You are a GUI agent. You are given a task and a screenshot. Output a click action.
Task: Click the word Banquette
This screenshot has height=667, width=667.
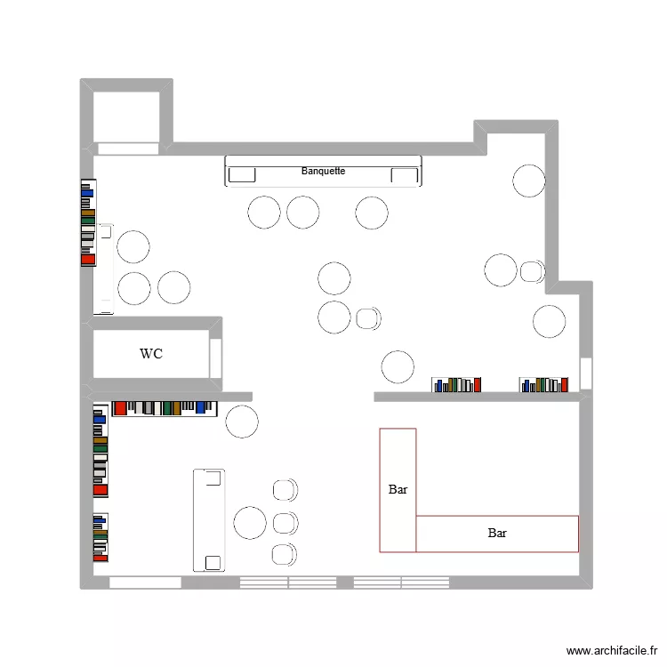point(323,171)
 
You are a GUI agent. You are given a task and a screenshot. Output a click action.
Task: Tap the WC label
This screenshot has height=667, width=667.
point(151,354)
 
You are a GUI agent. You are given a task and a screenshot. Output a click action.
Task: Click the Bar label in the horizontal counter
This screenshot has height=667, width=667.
point(497,534)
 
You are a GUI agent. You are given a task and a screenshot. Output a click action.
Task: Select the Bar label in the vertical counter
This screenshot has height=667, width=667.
point(398,489)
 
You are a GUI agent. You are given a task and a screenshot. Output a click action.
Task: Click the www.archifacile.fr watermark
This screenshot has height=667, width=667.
point(613,651)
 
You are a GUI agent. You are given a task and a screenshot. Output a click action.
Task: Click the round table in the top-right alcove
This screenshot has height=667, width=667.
point(529,180)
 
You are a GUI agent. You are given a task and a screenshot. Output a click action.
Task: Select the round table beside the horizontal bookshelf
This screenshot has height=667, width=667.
point(242,422)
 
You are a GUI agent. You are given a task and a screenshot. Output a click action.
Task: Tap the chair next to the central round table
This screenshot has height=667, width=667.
point(368,317)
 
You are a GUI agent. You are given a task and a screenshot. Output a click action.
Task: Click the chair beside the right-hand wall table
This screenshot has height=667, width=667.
point(533,270)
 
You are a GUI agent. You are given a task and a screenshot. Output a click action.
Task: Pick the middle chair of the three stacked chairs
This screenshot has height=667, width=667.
point(285,522)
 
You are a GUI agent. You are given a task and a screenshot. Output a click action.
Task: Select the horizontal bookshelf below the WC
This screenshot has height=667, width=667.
point(165,408)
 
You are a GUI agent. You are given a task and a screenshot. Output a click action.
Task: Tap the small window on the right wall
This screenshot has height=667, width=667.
point(585,373)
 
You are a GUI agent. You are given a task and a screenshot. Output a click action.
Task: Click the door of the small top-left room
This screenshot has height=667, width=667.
point(127,149)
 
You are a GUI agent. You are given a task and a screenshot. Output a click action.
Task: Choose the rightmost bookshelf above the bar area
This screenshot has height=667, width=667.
point(542,384)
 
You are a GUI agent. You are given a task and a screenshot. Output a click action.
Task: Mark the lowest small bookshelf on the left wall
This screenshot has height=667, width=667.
point(100,537)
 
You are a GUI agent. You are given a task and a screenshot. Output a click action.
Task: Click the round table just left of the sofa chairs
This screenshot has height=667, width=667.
point(250,522)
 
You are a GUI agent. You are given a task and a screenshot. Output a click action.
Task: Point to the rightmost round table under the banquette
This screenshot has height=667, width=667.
point(372,213)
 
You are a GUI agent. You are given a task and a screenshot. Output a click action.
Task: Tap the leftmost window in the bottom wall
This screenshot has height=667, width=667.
point(145,583)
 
